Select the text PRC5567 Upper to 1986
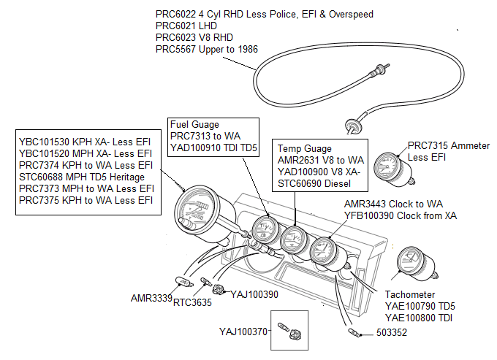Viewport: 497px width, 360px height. pos(206,49)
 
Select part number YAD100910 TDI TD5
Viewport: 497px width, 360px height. pos(213,148)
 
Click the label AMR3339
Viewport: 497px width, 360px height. pos(151,299)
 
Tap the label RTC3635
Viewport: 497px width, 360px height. pos(193,302)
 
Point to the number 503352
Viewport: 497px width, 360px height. pos(392,334)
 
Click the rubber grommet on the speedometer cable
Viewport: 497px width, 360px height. pos(354,128)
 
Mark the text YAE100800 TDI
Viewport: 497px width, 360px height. pos(420,318)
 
